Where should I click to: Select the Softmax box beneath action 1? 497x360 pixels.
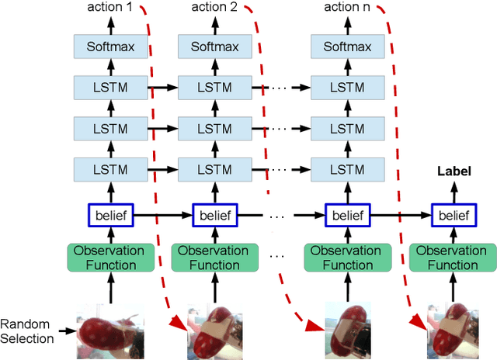110,47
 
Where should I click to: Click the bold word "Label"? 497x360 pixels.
454,171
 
